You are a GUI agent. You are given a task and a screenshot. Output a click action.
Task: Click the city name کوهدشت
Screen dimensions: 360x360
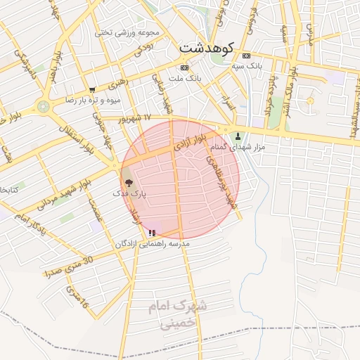(209, 47)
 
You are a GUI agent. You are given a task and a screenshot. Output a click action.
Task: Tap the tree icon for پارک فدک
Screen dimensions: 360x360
(128, 181)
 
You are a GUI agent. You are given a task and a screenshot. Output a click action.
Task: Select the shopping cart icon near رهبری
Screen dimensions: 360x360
(92, 90)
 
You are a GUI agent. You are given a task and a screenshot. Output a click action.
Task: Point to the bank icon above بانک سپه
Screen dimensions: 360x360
(245, 56)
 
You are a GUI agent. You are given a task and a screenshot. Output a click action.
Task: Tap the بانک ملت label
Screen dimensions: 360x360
(186, 77)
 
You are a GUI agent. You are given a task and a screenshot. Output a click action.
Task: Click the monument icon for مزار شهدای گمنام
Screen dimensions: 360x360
(238, 136)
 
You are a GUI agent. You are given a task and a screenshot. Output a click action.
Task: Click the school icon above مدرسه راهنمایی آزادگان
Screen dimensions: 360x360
(152, 233)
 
